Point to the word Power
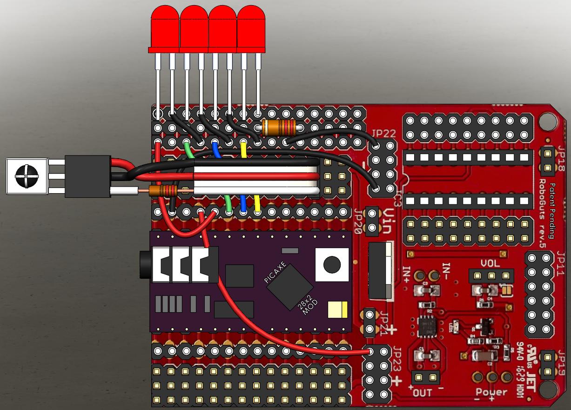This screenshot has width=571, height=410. (491, 392)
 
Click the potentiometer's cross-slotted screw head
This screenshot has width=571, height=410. (26, 176)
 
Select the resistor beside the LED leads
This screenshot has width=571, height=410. (279, 126)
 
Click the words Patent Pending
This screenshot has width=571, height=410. (552, 210)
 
